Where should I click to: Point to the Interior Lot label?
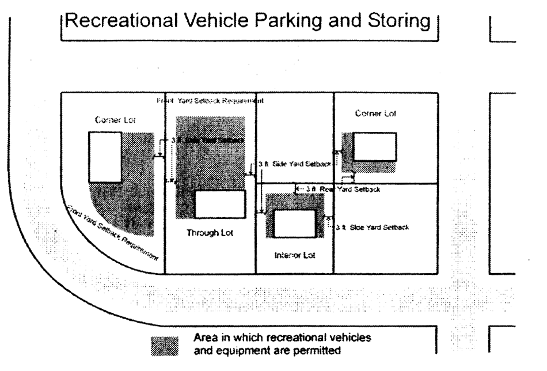tap(294, 254)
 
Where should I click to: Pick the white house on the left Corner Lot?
tap(105, 157)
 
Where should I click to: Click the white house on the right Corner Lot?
tap(374, 146)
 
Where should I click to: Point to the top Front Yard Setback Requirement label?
tap(210, 101)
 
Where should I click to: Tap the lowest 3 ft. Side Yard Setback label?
tap(372, 228)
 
